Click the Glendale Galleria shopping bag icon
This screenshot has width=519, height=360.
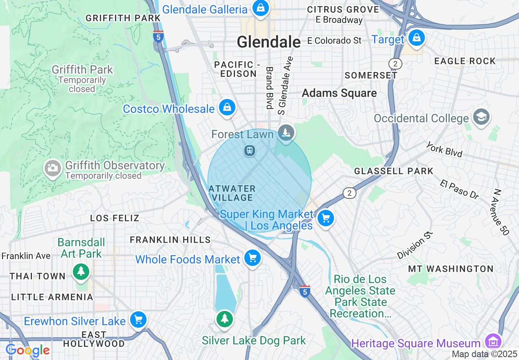click(260, 8)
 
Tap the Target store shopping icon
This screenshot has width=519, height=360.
click(416, 38)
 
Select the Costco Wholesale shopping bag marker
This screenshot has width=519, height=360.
click(227, 108)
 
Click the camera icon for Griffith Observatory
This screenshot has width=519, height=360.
click(53, 167)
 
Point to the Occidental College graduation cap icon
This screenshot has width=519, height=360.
click(481, 117)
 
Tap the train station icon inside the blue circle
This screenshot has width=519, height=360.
click(249, 151)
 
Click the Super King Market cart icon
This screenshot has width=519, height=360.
click(326, 218)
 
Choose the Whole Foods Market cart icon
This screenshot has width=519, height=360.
click(253, 258)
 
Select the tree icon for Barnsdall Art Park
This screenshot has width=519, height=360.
click(81, 271)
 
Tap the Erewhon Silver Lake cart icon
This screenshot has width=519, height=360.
click(138, 319)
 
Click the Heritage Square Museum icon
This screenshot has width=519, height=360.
click(494, 342)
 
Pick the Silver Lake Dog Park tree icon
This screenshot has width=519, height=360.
click(224, 318)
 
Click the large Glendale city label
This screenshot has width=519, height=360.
click(269, 42)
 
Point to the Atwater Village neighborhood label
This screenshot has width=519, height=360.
click(232, 193)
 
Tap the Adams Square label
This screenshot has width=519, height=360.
click(339, 93)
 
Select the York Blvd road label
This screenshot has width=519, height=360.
click(444, 150)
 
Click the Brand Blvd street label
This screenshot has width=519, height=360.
click(269, 88)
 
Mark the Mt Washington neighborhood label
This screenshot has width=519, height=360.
click(451, 269)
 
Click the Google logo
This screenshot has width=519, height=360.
click(28, 351)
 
